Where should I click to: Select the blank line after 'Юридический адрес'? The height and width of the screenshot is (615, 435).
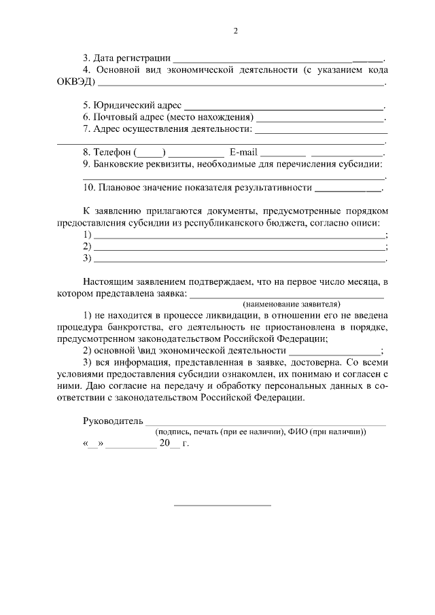(x=283, y=107)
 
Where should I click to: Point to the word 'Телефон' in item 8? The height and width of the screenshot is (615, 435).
(x=112, y=152)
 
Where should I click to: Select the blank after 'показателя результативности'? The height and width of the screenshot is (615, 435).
(x=348, y=188)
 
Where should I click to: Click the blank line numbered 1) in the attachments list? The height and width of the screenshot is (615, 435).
(x=239, y=235)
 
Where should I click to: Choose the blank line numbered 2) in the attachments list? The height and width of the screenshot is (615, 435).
(x=239, y=247)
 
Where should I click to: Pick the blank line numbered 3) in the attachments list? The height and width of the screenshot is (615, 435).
(x=239, y=258)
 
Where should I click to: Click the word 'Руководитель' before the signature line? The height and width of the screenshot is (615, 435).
(x=113, y=421)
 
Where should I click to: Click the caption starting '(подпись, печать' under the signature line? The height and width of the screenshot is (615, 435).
(x=260, y=432)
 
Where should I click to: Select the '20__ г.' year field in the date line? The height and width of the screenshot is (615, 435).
(x=173, y=443)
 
